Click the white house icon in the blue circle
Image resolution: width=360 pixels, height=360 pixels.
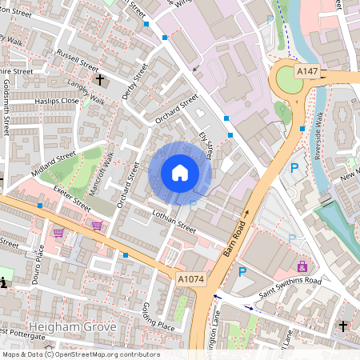[x=180, y=173]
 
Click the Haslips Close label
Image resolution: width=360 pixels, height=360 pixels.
[x=57, y=102]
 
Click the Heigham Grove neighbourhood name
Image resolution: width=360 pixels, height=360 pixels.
[x=73, y=327]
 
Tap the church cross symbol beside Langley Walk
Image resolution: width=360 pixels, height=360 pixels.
[x=100, y=80]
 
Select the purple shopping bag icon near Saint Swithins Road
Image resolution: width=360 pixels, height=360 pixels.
[x=302, y=266]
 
